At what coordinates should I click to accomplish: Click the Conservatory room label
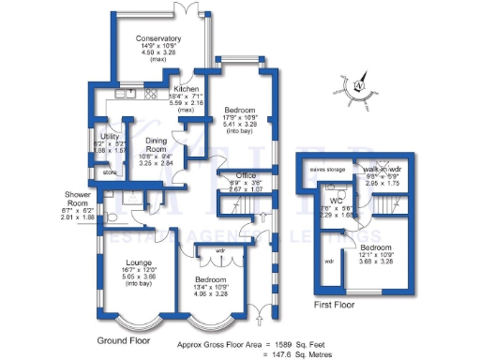(157, 38)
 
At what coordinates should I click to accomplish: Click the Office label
(247, 175)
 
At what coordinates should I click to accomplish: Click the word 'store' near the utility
(109, 172)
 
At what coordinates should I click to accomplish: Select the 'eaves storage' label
(328, 170)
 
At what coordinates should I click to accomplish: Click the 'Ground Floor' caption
(124, 340)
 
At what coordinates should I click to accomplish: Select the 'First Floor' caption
(337, 306)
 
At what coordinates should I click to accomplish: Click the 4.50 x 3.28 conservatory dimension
(157, 52)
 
